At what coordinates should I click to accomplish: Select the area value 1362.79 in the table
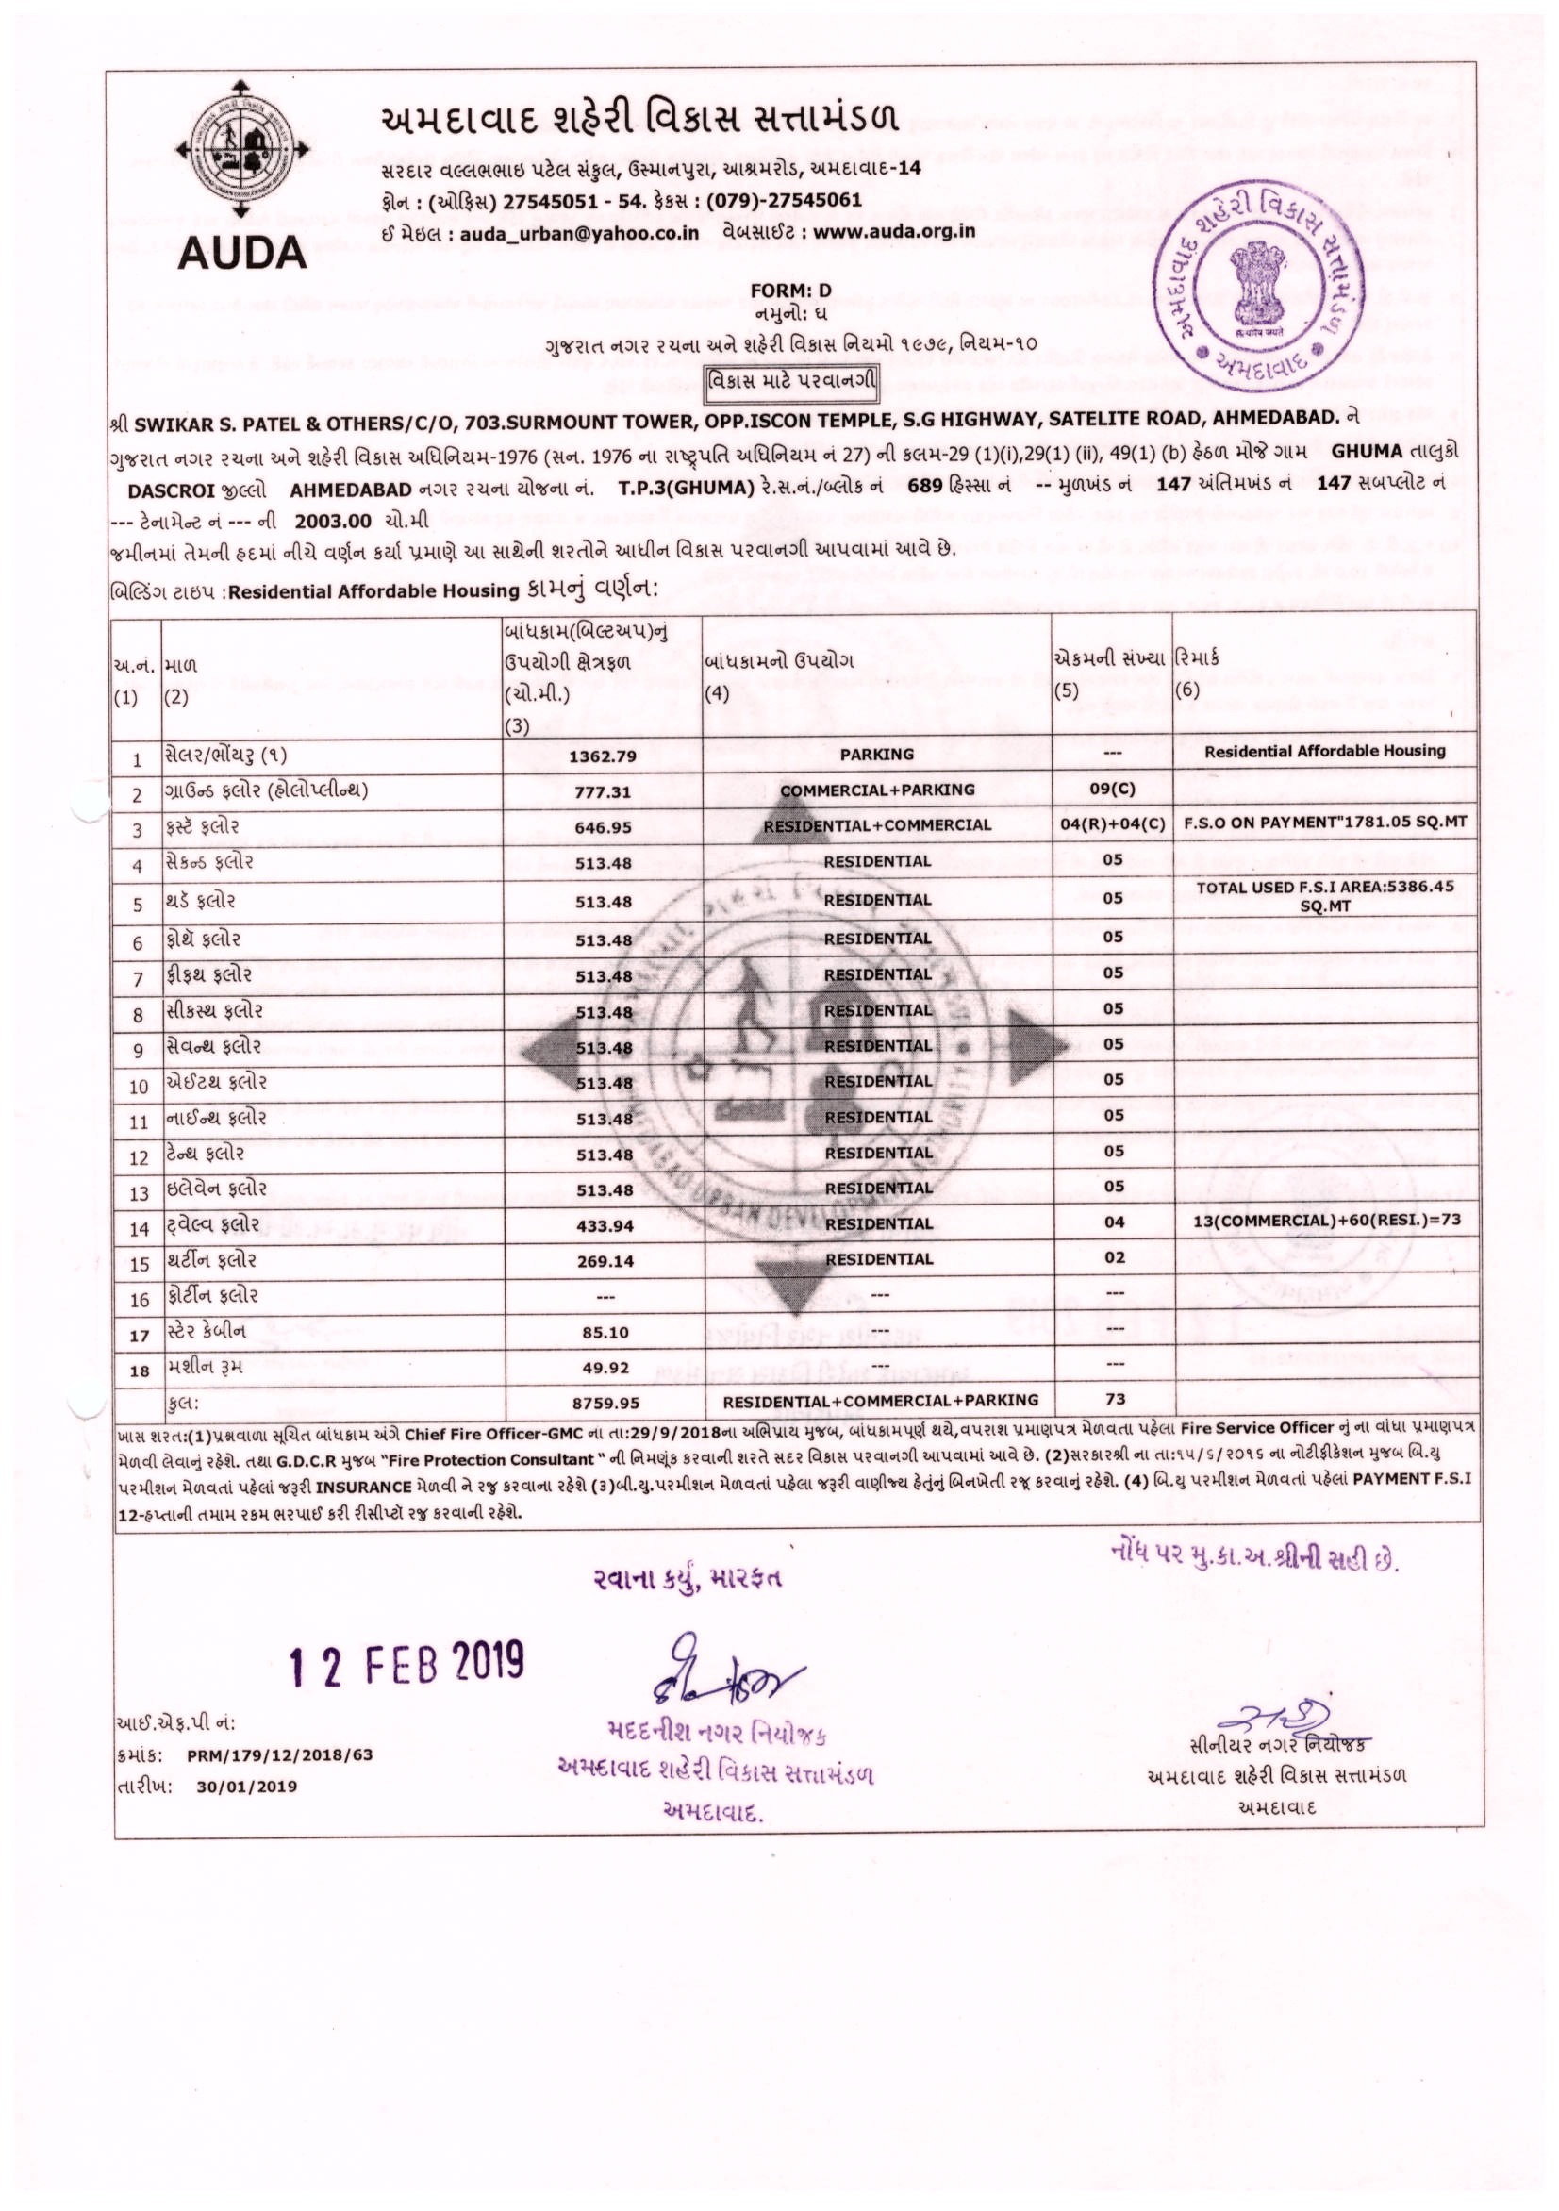(x=603, y=756)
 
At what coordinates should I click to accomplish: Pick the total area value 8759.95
(x=604, y=1403)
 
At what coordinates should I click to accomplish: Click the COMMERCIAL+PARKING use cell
(x=876, y=790)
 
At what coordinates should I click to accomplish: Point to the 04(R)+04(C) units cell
(x=1112, y=824)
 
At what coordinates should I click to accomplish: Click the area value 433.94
(x=604, y=1225)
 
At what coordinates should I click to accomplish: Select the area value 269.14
(x=604, y=1260)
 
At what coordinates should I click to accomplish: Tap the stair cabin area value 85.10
(x=604, y=1334)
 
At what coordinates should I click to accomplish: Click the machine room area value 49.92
(x=604, y=1368)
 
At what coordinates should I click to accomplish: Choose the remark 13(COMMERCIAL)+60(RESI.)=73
(x=1327, y=1219)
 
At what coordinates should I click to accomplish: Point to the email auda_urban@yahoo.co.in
(x=579, y=233)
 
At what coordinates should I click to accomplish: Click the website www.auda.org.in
(x=895, y=232)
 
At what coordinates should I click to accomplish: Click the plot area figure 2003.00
(x=332, y=521)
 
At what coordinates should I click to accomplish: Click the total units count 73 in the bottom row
(x=1115, y=1399)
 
